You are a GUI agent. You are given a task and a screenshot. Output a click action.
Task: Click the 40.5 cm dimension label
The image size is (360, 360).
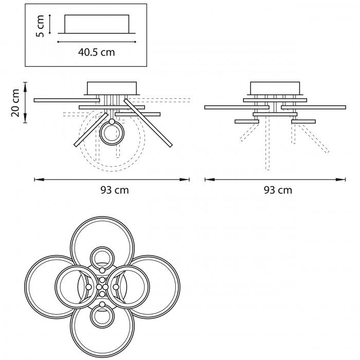97,52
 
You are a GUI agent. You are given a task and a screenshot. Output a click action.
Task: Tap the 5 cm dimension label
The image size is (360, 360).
40,26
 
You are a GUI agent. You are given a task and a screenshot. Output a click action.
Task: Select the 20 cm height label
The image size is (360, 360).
15,103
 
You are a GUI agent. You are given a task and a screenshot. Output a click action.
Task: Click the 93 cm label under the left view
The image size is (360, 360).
115,190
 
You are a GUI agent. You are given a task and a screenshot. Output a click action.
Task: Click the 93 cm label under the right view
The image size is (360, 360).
278,190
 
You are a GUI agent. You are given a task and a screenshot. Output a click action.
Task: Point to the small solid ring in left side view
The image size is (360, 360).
112,133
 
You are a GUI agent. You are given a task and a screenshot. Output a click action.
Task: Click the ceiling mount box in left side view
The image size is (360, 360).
112,88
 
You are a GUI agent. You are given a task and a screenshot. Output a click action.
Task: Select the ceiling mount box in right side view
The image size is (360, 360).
275,88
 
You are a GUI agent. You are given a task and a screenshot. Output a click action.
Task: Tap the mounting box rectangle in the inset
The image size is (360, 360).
97,24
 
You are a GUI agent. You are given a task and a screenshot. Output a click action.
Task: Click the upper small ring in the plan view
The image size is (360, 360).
102,258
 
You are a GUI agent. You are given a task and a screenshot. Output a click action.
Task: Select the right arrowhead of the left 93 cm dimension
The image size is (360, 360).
185,179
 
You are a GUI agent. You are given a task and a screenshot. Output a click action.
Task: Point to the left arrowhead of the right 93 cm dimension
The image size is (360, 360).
210,179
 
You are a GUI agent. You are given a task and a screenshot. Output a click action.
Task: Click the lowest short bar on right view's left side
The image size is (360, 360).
247,121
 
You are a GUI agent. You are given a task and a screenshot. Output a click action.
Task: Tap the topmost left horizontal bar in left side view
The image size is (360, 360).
67,100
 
